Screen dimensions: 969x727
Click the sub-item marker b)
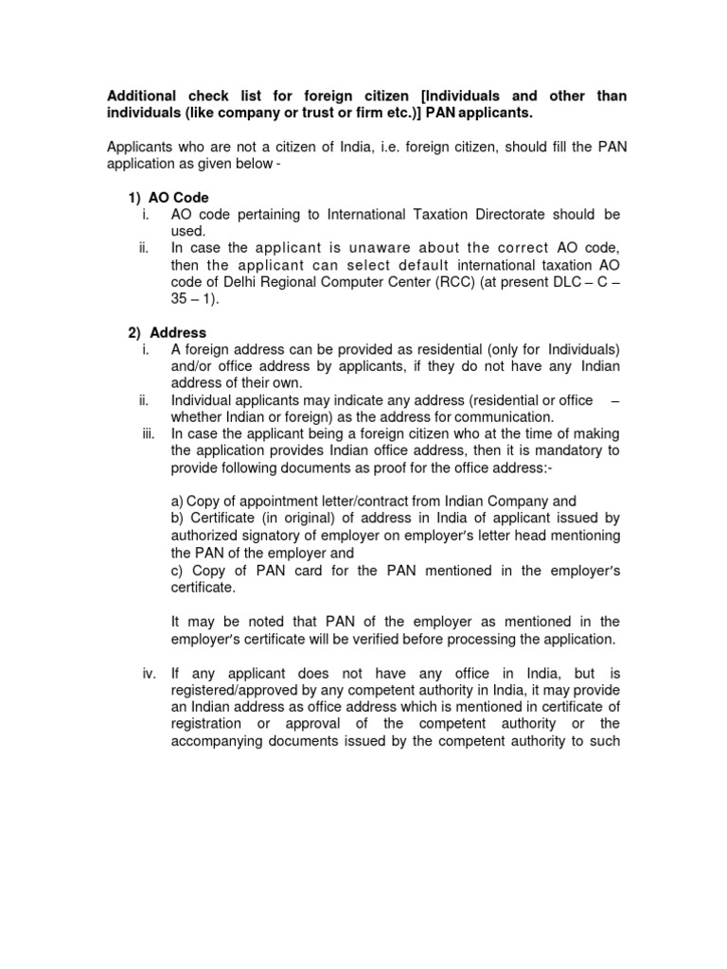click(177, 518)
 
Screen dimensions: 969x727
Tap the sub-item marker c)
click(177, 570)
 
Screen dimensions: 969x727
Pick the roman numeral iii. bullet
click(146, 433)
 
